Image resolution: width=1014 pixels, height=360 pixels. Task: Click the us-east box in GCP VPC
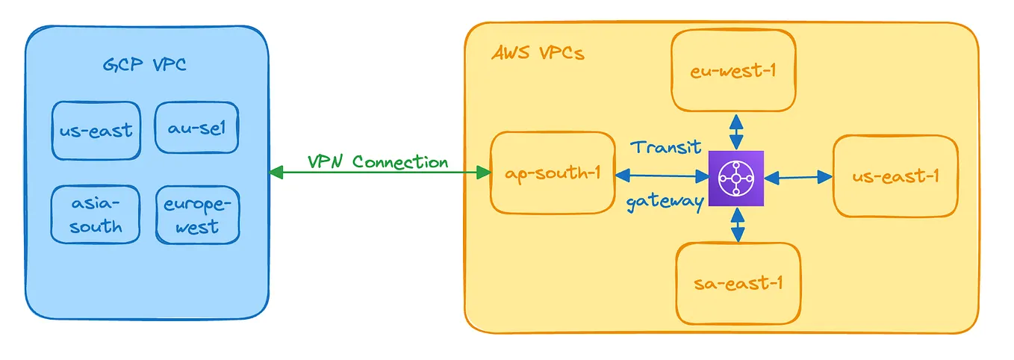coord(96,131)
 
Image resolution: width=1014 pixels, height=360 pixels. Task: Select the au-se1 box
coord(196,127)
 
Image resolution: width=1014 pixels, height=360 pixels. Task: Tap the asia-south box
coord(96,214)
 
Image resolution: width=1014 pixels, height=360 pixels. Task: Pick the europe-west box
coord(197,214)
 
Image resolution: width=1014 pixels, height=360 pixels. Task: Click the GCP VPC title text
coord(144,65)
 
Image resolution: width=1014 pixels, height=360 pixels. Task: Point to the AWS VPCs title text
coord(538,53)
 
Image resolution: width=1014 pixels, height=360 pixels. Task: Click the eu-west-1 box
coord(733,70)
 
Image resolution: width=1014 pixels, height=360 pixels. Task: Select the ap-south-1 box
coord(553,173)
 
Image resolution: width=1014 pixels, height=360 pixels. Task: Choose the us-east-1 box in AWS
coord(895,176)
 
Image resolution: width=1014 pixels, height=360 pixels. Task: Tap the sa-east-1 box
coord(738,284)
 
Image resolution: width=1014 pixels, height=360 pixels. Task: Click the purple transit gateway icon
coord(736,179)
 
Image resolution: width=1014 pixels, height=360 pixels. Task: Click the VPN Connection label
coord(378,161)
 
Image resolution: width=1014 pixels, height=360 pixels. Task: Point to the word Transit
coord(666,147)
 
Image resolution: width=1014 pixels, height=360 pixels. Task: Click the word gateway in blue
coord(665,202)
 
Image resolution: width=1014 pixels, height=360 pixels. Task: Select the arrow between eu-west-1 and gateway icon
coord(736,131)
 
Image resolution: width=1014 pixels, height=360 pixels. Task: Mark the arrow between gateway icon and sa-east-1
coord(738,225)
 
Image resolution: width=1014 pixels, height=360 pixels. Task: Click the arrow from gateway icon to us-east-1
coord(798,177)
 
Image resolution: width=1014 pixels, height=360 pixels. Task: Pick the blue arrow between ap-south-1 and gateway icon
coord(662,176)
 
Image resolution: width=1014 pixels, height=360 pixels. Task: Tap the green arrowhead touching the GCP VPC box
coord(276,172)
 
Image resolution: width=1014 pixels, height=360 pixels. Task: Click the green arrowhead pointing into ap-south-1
coord(484,172)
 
